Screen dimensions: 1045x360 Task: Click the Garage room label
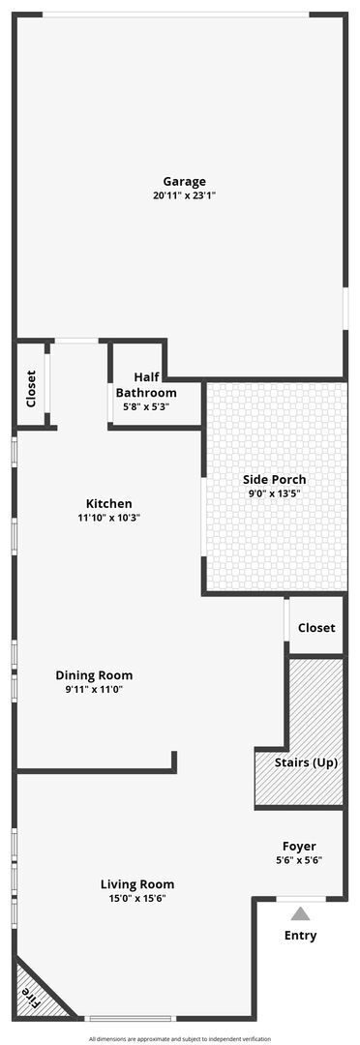tap(184, 181)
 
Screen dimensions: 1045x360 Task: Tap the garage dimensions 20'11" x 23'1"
tap(184, 195)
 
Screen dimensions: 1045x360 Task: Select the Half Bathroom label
tap(146, 385)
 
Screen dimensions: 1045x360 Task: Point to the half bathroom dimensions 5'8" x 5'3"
tap(146, 406)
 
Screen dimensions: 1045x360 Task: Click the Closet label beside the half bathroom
tap(31, 388)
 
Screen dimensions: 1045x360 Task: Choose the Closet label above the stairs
tap(316, 628)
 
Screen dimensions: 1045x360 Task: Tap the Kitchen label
tap(109, 503)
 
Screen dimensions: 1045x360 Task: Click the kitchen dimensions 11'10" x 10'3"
tap(109, 518)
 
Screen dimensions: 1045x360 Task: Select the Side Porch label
tap(274, 479)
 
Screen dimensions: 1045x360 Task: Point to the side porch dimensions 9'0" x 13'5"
tap(274, 493)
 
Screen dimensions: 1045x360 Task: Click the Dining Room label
tap(94, 675)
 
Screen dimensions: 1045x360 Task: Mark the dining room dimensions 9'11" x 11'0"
tap(94, 690)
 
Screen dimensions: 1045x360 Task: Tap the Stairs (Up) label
tap(306, 762)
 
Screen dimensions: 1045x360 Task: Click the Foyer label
tap(299, 846)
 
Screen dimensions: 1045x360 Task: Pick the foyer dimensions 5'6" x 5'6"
tap(299, 859)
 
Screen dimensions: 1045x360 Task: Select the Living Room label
tap(137, 883)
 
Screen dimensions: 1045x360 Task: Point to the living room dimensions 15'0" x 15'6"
tap(137, 898)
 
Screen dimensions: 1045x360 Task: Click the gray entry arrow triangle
tap(301, 913)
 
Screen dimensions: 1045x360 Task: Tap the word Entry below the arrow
tap(300, 936)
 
